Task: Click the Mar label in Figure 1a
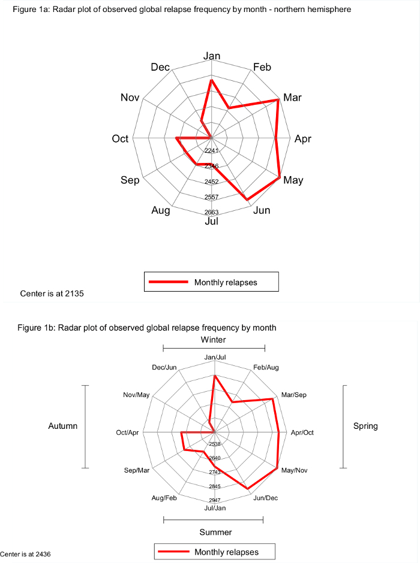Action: click(x=293, y=97)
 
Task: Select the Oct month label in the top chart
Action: click(x=120, y=139)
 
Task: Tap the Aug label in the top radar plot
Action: click(x=161, y=210)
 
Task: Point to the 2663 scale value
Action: click(x=211, y=212)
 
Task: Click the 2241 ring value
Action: click(x=211, y=150)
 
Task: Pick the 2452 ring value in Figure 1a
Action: click(x=211, y=181)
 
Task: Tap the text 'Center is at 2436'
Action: click(x=25, y=554)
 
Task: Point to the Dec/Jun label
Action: click(x=164, y=367)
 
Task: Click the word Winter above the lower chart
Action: click(x=214, y=340)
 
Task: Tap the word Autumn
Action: click(x=63, y=426)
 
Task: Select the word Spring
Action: click(x=365, y=426)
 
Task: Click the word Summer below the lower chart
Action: click(x=215, y=532)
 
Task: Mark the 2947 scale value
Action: click(x=215, y=500)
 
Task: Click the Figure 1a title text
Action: click(x=182, y=10)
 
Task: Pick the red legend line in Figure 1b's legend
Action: click(x=173, y=552)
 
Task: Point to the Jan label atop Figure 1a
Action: click(x=212, y=56)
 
